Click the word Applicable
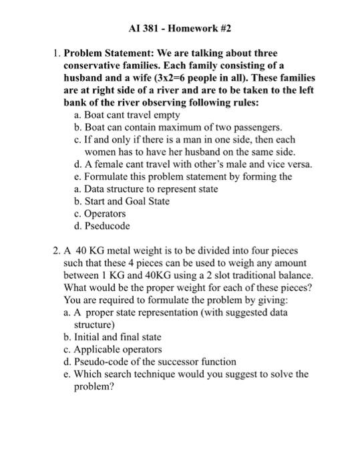pos(99,350)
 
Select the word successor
pos(175,362)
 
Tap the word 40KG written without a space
pos(169,275)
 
